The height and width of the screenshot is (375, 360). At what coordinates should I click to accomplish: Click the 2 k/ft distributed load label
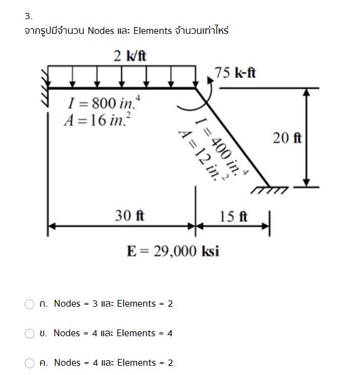(130, 56)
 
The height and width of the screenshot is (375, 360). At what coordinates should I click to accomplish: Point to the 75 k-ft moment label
(236, 73)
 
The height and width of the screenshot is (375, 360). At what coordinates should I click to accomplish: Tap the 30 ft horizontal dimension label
(130, 216)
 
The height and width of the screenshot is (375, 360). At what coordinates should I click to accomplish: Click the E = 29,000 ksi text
(172, 251)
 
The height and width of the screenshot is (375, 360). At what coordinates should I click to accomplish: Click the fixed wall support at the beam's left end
(44, 88)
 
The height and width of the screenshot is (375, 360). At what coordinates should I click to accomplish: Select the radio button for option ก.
(30, 304)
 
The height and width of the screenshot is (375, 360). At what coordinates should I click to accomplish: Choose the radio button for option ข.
(30, 333)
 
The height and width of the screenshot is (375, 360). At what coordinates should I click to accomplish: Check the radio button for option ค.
(30, 363)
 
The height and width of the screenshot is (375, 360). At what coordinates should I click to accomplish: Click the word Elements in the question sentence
(153, 30)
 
